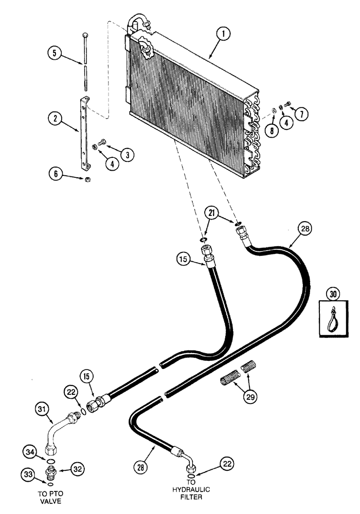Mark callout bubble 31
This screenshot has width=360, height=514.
(44, 409)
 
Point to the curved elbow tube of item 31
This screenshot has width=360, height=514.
(56, 430)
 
